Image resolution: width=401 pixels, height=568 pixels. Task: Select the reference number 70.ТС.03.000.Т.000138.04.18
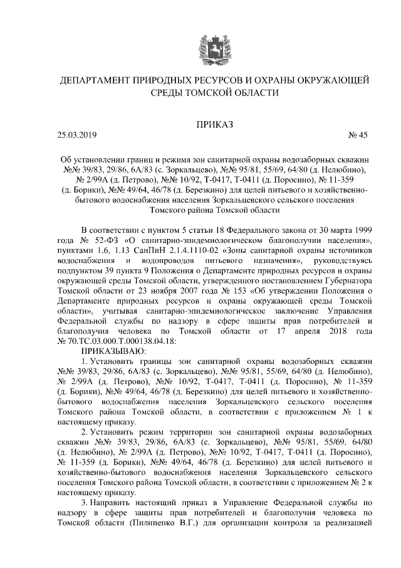pos(124,340)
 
